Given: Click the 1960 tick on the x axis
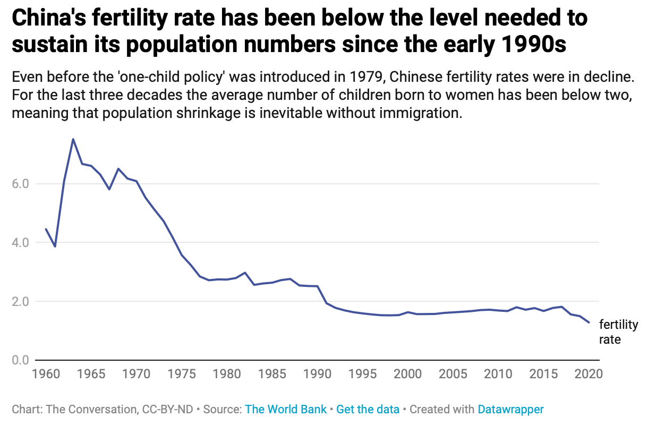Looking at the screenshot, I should (46, 373).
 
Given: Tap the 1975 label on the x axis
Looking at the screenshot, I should (182, 373).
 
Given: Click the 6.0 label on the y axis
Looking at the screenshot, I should (20, 184).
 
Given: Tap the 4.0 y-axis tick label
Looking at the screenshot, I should (20, 243).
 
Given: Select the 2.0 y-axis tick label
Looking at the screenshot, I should (20, 301).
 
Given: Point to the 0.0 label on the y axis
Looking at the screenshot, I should (20, 360).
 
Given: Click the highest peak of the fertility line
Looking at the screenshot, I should (73, 139).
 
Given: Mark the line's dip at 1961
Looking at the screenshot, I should (55, 246).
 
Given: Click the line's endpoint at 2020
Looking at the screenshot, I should (589, 322).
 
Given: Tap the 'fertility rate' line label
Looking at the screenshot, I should (618, 332).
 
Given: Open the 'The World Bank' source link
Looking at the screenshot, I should (286, 410).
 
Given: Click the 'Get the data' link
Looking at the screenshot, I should (368, 410).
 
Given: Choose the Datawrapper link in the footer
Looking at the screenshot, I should (510, 410).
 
